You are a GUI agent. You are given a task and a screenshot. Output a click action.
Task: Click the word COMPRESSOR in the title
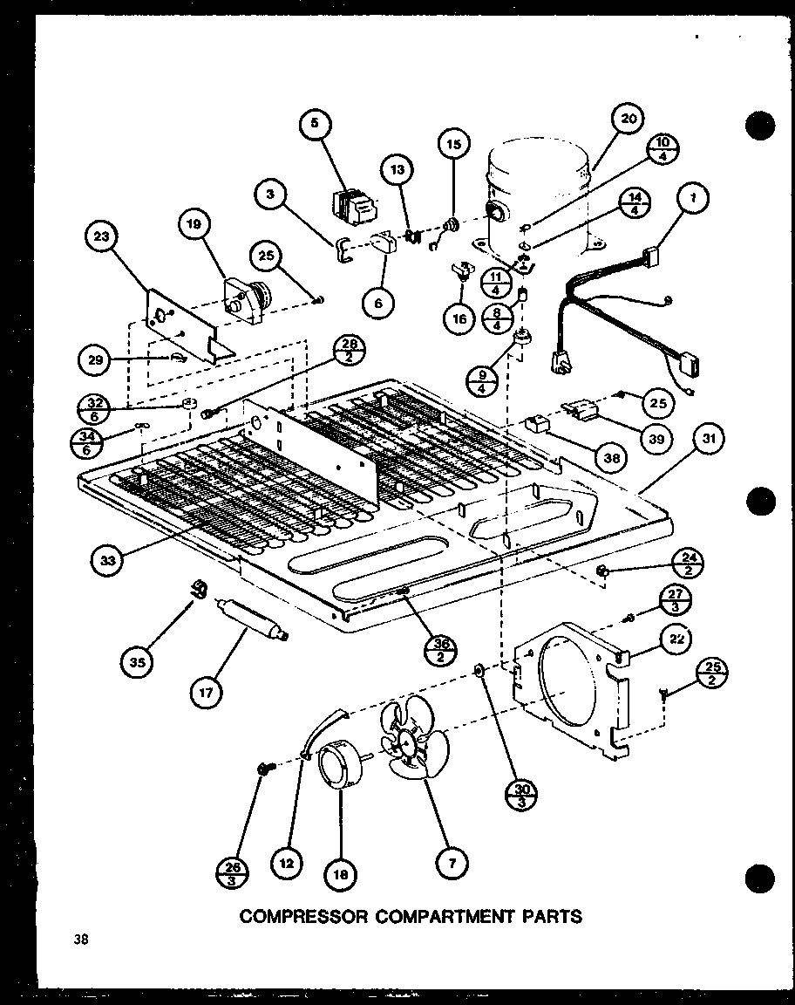click(295, 916)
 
